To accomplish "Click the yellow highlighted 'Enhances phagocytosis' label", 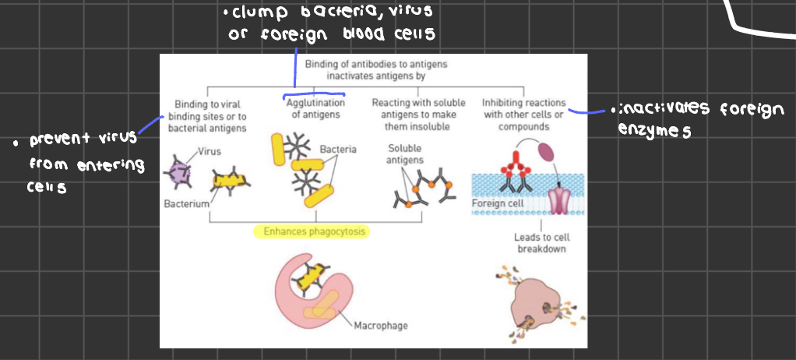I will [x=310, y=231].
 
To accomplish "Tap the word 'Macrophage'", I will [x=380, y=326].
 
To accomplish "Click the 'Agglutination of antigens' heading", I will [x=315, y=108].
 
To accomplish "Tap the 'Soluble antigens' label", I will [x=404, y=154].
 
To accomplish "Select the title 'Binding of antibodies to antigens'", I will [x=375, y=65].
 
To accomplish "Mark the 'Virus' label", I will [x=208, y=151].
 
